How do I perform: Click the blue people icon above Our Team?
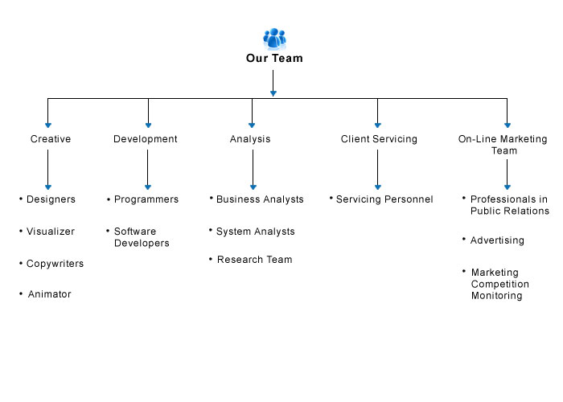pos(275,39)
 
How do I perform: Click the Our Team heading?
pos(274,58)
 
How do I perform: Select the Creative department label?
pos(51,139)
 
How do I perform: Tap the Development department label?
pos(146,139)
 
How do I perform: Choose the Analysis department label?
pos(250,139)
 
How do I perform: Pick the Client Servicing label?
pos(379,139)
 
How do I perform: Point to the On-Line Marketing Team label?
pos(503,145)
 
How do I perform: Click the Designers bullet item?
pos(51,199)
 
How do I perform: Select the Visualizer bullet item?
pos(51,232)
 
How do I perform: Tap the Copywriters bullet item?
pos(55,264)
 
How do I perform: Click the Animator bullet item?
pos(50,294)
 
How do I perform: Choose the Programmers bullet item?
pos(146,199)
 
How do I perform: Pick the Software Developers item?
pos(142,237)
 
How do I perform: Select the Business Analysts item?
pos(260,199)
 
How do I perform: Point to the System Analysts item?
pos(255,232)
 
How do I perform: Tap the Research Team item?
pos(255,260)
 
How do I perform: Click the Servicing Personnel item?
pos(384,199)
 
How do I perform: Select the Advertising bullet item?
pos(497,240)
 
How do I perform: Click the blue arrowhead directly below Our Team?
pos(273,94)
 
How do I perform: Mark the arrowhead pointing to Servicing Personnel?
pos(378,187)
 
